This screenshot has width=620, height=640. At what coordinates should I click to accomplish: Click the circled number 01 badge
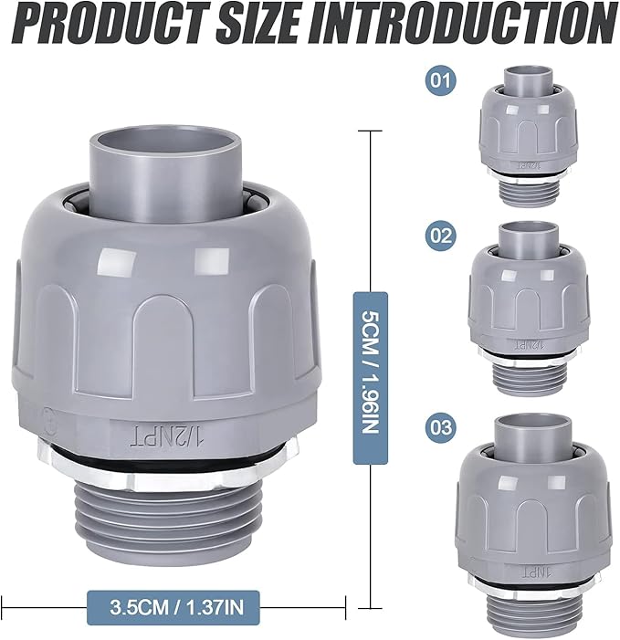click(x=441, y=80)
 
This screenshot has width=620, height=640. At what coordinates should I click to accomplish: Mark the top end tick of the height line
click(x=370, y=131)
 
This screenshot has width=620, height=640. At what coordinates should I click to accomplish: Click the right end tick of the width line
click(x=346, y=603)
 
